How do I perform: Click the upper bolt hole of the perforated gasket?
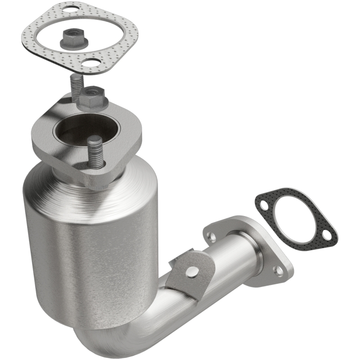(x=69, y=9)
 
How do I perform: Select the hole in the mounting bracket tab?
(x=193, y=271)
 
